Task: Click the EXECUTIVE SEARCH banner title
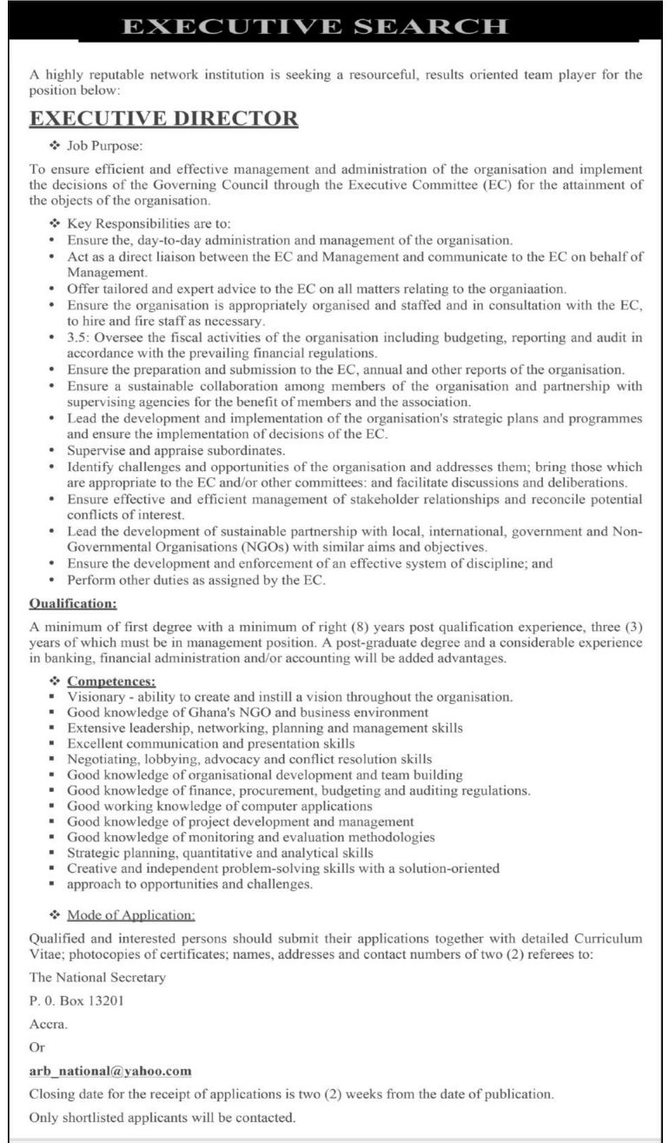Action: tap(315, 26)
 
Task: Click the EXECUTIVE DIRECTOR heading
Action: tap(164, 119)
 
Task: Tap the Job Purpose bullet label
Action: tap(105, 144)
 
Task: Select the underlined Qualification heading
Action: tap(73, 603)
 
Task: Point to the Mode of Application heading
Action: tap(130, 914)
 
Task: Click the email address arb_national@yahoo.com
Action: tap(110, 1071)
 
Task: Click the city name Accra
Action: tap(48, 1024)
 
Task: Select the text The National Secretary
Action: tap(97, 977)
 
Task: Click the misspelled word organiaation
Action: tap(533, 288)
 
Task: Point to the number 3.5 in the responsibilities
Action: tap(78, 337)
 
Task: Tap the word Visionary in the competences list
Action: tap(96, 697)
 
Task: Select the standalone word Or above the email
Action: tap(36, 1047)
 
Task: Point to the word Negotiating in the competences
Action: tap(102, 759)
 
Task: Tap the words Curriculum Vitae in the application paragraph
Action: tap(607, 939)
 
